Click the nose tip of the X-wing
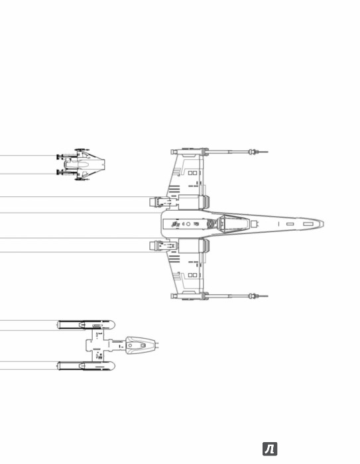tap(324, 224)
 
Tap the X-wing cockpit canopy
tap(233, 223)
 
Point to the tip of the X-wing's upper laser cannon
tap(268, 152)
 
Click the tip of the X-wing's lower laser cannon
tap(268, 296)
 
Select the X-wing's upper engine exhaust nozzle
tap(155, 202)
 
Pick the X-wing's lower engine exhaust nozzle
tap(155, 246)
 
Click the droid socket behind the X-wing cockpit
tap(210, 224)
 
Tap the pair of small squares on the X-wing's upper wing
tap(192, 173)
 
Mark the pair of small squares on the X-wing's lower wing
tap(192, 275)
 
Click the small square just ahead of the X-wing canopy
tap(254, 224)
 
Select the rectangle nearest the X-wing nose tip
tap(308, 224)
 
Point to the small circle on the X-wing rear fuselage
tap(188, 224)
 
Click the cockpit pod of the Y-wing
tap(140, 345)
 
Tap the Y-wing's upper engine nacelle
tap(86, 325)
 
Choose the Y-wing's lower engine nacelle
tap(86, 366)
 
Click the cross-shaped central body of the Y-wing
tap(99, 345)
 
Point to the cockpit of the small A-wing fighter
tap(84, 164)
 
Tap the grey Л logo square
tap(270, 449)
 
